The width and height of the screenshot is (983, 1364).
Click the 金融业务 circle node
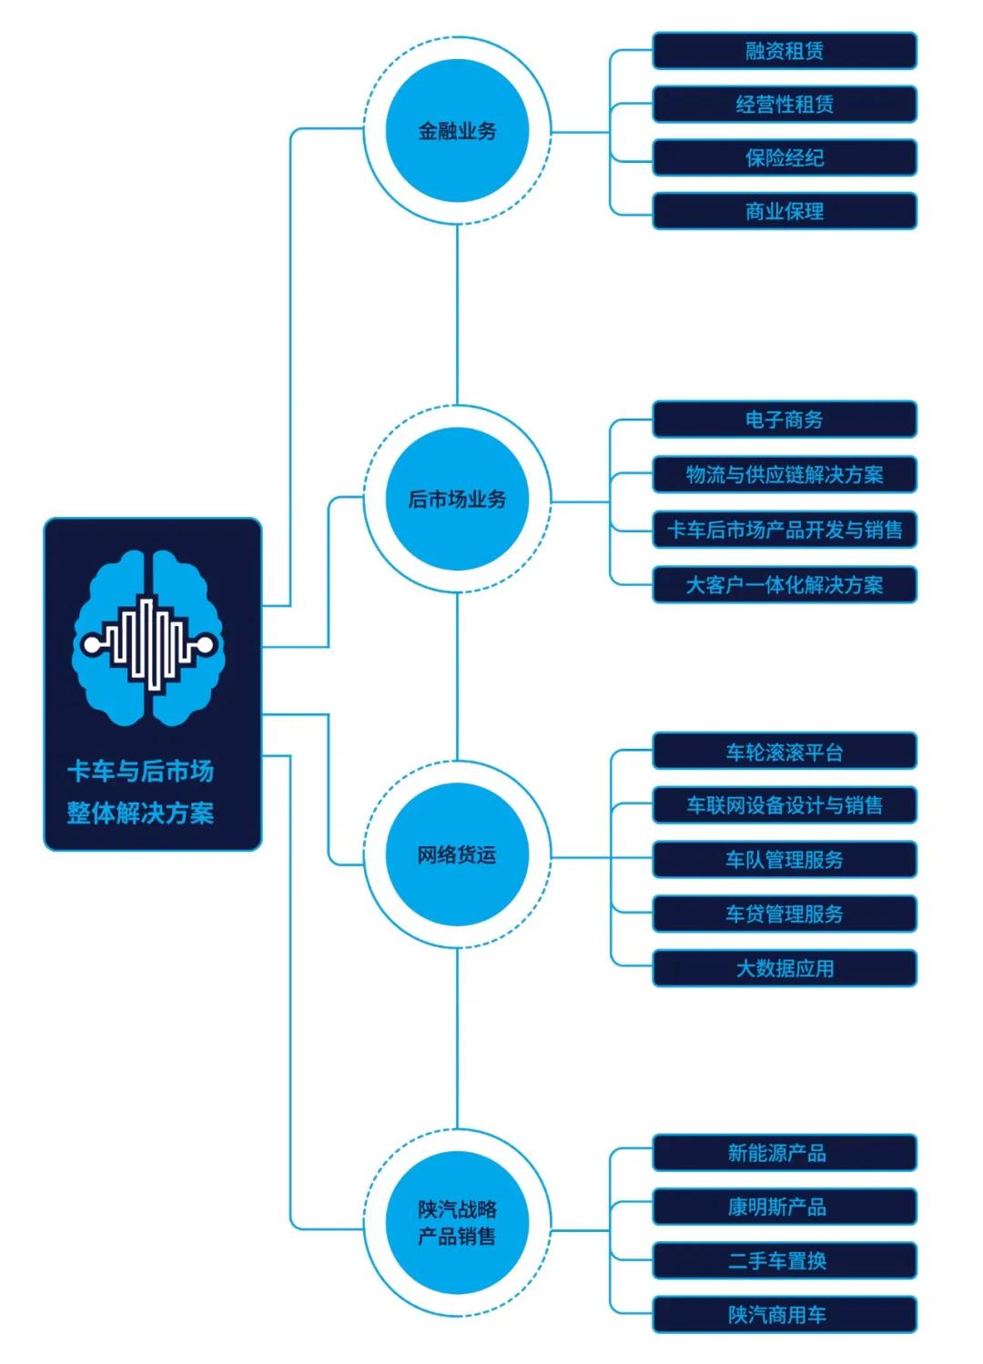pyautogui.click(x=457, y=131)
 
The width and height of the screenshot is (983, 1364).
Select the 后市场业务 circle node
pyautogui.click(x=457, y=499)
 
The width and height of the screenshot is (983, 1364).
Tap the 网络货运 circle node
pyautogui.click(x=457, y=855)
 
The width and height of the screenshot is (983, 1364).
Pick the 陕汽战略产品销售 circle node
pyautogui.click(x=457, y=1222)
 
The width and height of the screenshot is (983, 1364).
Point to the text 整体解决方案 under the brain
pyautogui.click(x=140, y=813)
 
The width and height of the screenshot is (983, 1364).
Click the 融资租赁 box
pyautogui.click(x=785, y=51)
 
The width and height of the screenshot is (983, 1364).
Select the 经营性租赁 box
pyautogui.click(x=785, y=105)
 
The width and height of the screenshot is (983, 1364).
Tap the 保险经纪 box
pyautogui.click(x=785, y=158)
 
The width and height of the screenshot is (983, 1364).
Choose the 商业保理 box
pyautogui.click(x=785, y=212)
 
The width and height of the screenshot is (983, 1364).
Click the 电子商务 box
pyautogui.click(x=785, y=419)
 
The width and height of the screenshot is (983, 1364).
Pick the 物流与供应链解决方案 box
pyautogui.click(x=785, y=474)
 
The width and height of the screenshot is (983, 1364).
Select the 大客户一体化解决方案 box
pyautogui.click(x=785, y=584)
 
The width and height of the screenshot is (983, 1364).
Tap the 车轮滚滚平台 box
pyautogui.click(x=785, y=753)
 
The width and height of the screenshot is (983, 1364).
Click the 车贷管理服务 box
pyautogui.click(x=785, y=914)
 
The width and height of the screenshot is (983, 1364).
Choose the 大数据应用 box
pyautogui.click(x=785, y=968)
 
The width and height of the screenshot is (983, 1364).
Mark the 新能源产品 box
pyautogui.click(x=785, y=1153)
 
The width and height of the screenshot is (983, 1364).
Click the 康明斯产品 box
pyautogui.click(x=785, y=1207)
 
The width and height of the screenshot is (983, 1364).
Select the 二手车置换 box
pyautogui.click(x=785, y=1261)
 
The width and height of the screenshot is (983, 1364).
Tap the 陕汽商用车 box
pyautogui.click(x=785, y=1315)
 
